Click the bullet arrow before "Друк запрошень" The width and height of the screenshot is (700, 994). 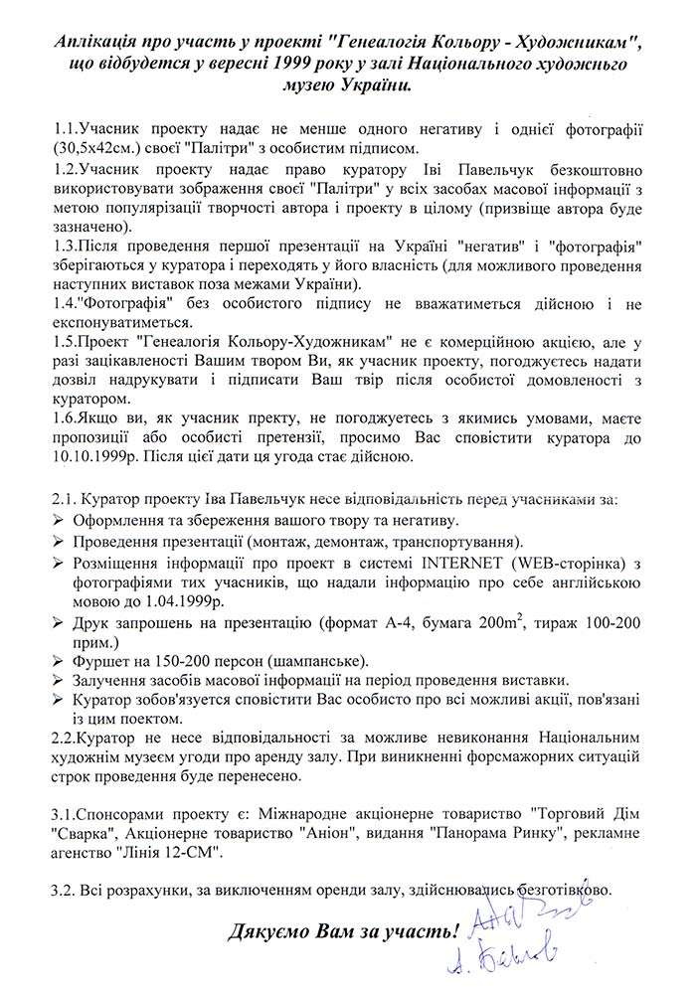pyautogui.click(x=57, y=624)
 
